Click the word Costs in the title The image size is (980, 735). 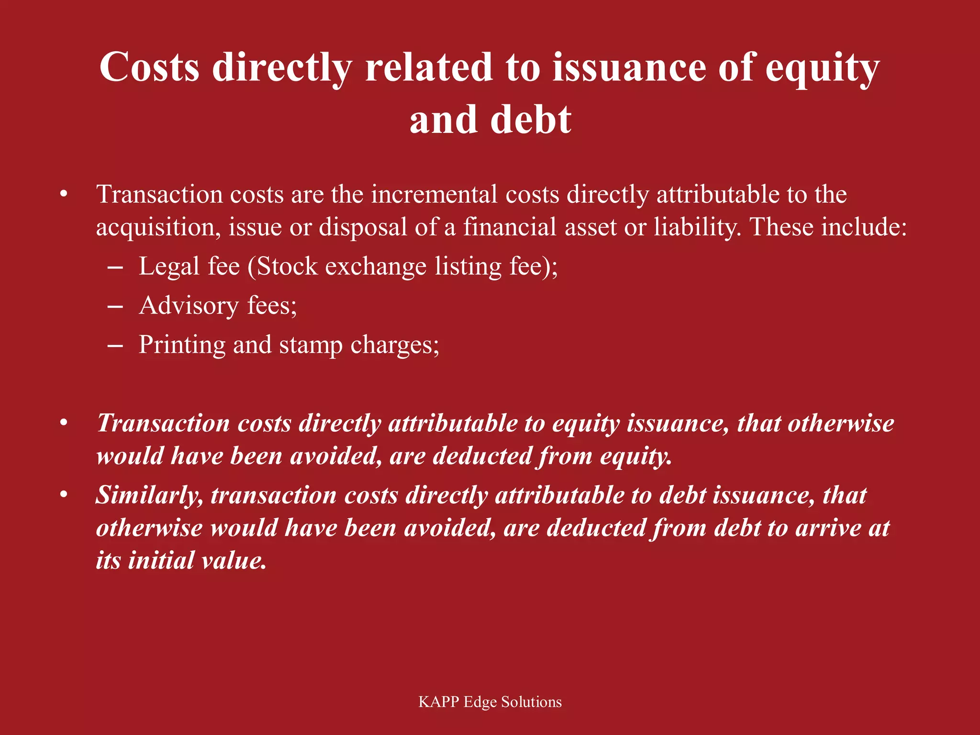coord(149,67)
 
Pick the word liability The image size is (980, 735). coord(697,227)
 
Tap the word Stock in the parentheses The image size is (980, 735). coord(287,266)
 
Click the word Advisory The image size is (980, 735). coord(189,305)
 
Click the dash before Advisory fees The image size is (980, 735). coord(115,306)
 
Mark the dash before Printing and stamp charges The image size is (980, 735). coord(115,345)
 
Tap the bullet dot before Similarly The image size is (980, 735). coord(64,495)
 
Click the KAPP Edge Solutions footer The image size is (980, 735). coord(490,702)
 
